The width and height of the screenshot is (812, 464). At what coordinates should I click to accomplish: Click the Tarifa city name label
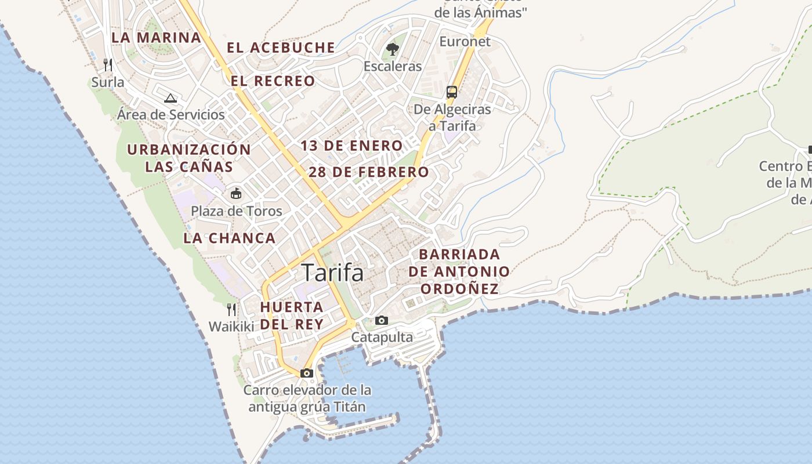pyautogui.click(x=332, y=273)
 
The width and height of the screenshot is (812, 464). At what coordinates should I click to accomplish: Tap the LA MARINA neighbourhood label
pyautogui.click(x=156, y=38)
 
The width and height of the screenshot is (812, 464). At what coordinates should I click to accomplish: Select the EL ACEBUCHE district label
pyautogui.click(x=281, y=48)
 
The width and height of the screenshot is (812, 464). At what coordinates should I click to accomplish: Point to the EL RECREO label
pyautogui.click(x=273, y=81)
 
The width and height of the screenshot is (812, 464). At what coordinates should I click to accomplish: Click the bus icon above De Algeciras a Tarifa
pyautogui.click(x=452, y=92)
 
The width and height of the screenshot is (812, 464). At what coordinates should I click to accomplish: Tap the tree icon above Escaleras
pyautogui.click(x=393, y=49)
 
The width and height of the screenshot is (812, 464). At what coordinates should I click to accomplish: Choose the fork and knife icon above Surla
pyautogui.click(x=107, y=64)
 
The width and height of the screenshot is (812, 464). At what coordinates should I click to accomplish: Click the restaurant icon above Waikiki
pyautogui.click(x=231, y=309)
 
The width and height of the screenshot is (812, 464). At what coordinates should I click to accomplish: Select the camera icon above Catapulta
pyautogui.click(x=382, y=320)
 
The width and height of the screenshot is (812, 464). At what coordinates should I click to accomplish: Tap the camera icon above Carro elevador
pyautogui.click(x=307, y=373)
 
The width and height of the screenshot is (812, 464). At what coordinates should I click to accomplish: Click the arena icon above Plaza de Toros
pyautogui.click(x=236, y=193)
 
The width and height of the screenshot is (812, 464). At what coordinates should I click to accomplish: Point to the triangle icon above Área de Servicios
pyautogui.click(x=170, y=97)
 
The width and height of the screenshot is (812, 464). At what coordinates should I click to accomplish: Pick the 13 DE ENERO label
pyautogui.click(x=351, y=146)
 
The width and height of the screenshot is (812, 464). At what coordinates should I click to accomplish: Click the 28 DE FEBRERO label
pyautogui.click(x=368, y=172)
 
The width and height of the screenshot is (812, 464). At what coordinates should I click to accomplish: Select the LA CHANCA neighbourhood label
pyautogui.click(x=229, y=238)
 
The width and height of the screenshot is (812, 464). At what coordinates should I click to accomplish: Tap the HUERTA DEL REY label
pyautogui.click(x=291, y=316)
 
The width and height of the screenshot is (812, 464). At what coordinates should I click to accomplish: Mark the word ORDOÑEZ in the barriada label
pyautogui.click(x=459, y=289)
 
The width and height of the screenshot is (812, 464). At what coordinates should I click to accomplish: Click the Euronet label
pyautogui.click(x=465, y=41)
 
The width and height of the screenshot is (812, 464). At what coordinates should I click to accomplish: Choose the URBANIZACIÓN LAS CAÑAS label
pyautogui.click(x=189, y=158)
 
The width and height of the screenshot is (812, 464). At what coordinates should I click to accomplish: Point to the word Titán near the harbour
pyautogui.click(x=350, y=407)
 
